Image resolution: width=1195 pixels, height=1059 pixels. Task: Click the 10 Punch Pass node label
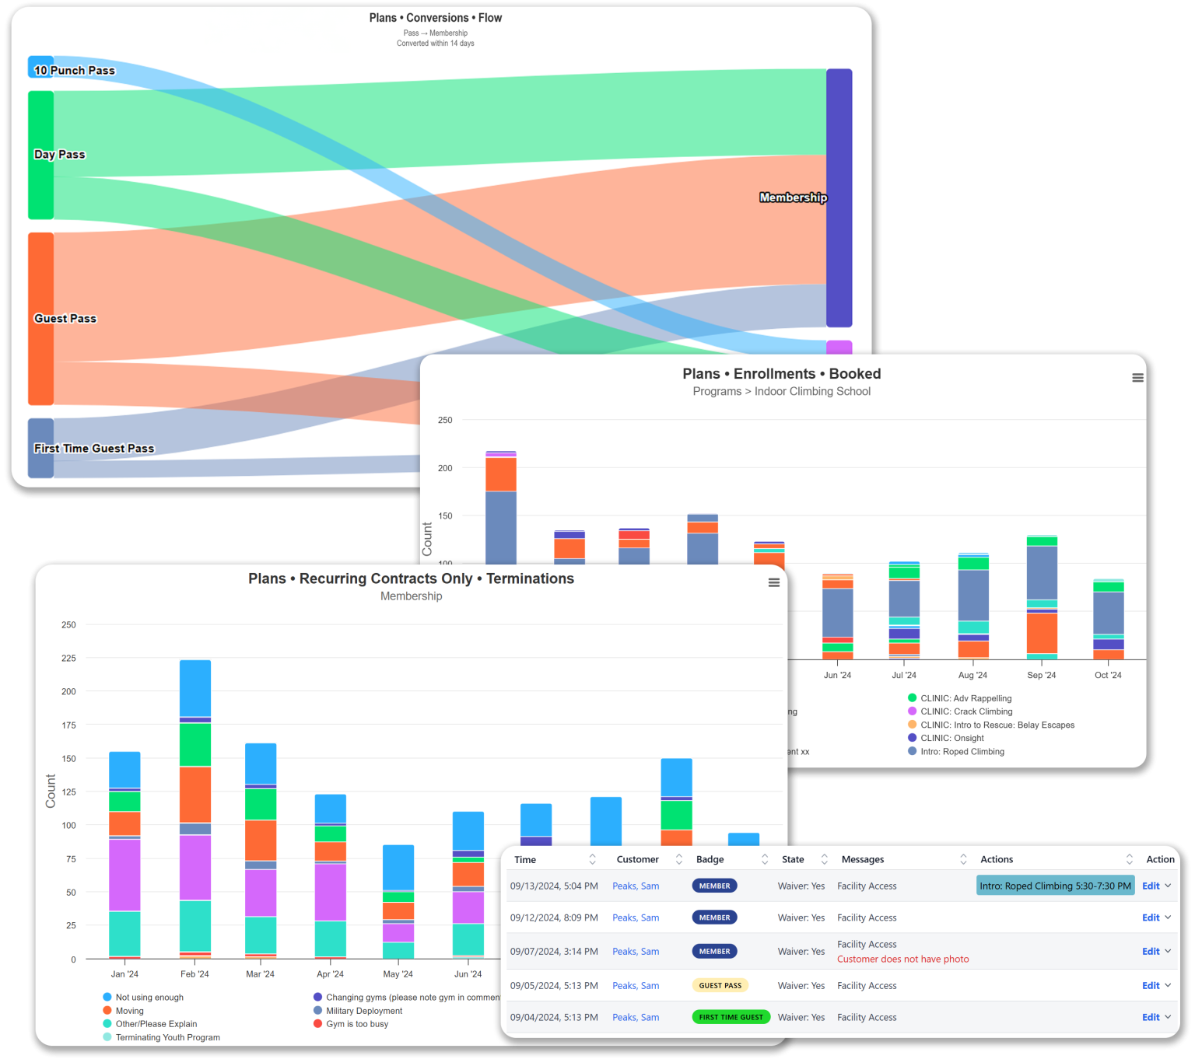74,70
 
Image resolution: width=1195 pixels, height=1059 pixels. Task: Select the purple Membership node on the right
839,197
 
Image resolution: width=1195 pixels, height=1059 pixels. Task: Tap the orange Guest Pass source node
40,319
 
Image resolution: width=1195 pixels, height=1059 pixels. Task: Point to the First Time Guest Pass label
94,449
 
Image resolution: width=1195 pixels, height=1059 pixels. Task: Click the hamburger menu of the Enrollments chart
1137,378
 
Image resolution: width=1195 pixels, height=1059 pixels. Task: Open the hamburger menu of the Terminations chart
773,582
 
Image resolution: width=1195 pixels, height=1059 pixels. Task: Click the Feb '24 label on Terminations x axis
194,974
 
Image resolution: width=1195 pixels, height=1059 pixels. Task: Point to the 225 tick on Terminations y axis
69,659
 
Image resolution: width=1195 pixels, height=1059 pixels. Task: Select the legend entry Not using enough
149,998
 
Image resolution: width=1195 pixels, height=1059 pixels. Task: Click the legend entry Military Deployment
363,1011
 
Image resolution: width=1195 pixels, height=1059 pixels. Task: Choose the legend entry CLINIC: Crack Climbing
966,711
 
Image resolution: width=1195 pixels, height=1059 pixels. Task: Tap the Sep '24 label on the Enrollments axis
1041,675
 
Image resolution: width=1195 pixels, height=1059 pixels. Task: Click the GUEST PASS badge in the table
720,985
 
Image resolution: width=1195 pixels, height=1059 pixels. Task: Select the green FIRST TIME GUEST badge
731,1017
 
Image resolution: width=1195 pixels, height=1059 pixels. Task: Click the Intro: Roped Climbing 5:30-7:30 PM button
1055,886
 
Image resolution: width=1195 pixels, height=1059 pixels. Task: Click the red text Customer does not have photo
902,959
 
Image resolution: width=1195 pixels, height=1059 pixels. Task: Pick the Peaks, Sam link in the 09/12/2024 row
635,917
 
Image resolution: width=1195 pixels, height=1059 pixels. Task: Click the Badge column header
710,859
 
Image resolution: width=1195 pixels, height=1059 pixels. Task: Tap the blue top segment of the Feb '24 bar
195,687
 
